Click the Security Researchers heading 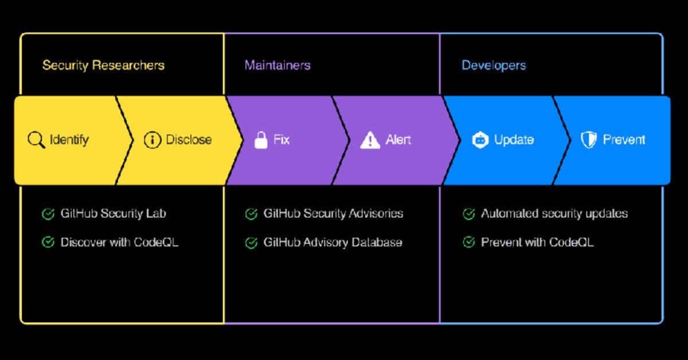pos(103,65)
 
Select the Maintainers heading pos(277,65)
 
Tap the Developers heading pos(494,65)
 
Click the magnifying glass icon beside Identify pos(36,140)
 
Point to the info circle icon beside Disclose pos(152,140)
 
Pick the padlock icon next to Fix pos(261,140)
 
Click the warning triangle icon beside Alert pos(370,140)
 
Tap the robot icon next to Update pos(480,140)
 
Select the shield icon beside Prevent pos(589,140)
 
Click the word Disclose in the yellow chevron pos(189,140)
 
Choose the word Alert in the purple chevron pos(398,140)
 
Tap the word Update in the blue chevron pos(514,140)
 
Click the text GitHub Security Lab pos(113,214)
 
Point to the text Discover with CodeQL pos(119,242)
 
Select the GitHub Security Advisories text pos(333,214)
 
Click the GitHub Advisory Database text pos(333,242)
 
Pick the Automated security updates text pos(554,214)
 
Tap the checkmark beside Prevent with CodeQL pos(468,242)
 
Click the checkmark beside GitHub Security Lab pos(48,214)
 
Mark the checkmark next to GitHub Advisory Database pos(251,243)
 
